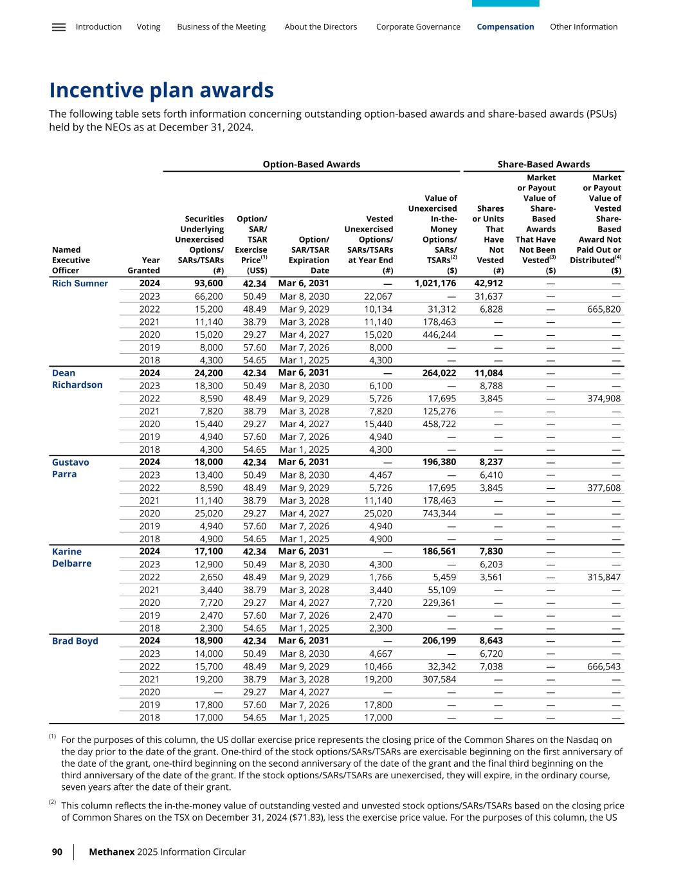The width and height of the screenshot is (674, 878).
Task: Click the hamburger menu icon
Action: (59, 27)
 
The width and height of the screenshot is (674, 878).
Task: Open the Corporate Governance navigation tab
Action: (418, 27)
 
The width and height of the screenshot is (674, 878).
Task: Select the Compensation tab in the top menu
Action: (505, 27)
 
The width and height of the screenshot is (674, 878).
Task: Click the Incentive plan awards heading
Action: (161, 90)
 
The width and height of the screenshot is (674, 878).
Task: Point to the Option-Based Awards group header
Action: (311, 164)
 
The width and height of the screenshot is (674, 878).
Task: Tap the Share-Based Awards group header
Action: (543, 164)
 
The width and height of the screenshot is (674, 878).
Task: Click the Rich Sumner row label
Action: (80, 284)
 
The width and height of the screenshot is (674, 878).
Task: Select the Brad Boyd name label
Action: (75, 641)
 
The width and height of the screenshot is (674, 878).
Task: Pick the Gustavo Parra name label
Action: (70, 468)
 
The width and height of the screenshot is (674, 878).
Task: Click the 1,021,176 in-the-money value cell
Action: (435, 283)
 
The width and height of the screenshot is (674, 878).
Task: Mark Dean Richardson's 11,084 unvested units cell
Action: (488, 372)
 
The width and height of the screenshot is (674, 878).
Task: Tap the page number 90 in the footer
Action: (57, 852)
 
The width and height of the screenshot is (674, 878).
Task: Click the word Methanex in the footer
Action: (111, 852)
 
